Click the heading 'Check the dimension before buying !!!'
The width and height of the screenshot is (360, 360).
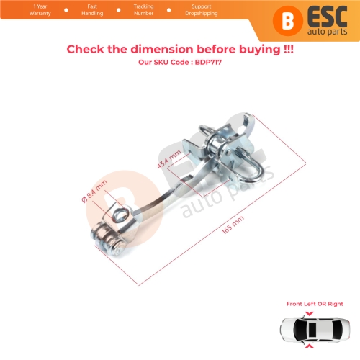click(x=180, y=49)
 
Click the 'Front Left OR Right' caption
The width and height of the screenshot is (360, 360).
click(x=314, y=304)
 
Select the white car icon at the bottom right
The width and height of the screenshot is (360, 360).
click(x=314, y=332)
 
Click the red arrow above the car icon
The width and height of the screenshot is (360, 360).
click(x=314, y=313)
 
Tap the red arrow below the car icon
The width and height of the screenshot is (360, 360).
click(x=314, y=352)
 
